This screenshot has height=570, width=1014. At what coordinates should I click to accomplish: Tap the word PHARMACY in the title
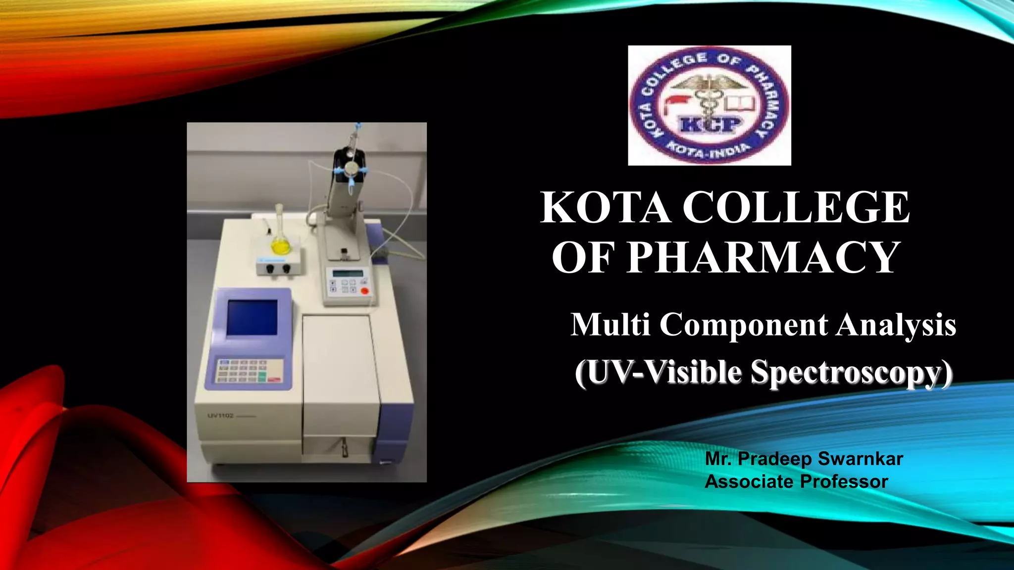[x=762, y=257]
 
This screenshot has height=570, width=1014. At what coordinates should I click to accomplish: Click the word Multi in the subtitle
[x=610, y=325]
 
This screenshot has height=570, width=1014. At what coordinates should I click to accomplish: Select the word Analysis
[x=896, y=326]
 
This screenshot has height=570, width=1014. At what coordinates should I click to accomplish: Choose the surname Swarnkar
[x=861, y=459]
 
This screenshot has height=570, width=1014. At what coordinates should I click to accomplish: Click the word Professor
[x=844, y=481]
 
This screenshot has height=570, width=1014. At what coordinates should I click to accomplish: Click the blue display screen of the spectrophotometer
[x=252, y=317]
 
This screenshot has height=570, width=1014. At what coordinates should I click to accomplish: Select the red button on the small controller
[x=365, y=291]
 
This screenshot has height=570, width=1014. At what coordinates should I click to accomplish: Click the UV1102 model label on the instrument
[x=220, y=416]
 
